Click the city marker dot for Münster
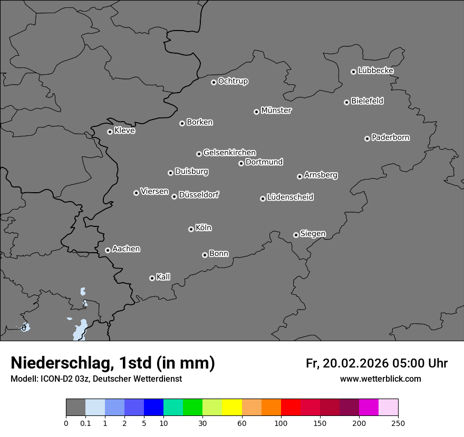pos(256,112)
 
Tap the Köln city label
pos(204,228)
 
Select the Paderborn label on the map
pos(391,137)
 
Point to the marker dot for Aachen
pos(108,250)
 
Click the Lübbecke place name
pos(375,71)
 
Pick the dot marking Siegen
pos(296,235)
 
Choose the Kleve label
pos(124,131)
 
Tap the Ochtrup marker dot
pos(214,82)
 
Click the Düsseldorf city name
pos(199,195)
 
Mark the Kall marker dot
pos(152,278)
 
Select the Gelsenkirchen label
pos(229,153)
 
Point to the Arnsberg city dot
pos(299,176)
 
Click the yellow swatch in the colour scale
pos(232,408)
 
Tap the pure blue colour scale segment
pos(153,408)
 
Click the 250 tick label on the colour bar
pos(398,423)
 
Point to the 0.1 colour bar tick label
pos(85,423)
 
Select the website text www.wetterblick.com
pos(380,379)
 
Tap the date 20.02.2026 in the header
pos(355,363)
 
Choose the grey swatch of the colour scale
pos(75,408)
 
